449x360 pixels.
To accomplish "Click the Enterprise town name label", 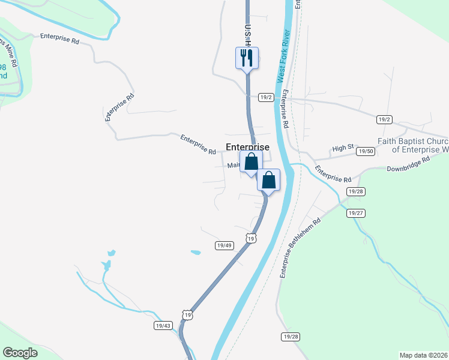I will pyautogui.click(x=247, y=146).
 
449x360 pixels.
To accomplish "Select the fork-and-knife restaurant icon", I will pyautogui.click(x=246, y=58).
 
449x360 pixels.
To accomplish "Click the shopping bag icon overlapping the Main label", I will pyautogui.click(x=251, y=161).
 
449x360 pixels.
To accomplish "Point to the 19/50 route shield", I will pyautogui.click(x=365, y=152).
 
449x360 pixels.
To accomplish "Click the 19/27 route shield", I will pyautogui.click(x=356, y=213).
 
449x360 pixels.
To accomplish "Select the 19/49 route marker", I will pyautogui.click(x=224, y=245).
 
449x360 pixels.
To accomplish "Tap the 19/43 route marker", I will pyautogui.click(x=163, y=325).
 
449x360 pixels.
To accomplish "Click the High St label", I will pyautogui.click(x=343, y=148).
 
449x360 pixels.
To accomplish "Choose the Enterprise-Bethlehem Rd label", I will pyautogui.click(x=300, y=247).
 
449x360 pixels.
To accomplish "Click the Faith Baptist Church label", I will pyautogui.click(x=413, y=145).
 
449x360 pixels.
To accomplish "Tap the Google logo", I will pyautogui.click(x=20, y=353).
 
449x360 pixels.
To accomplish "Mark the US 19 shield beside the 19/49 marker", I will pyautogui.click(x=251, y=238).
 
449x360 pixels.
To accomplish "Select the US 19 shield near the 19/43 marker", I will pyautogui.click(x=188, y=315).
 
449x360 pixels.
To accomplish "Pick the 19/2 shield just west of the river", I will pyautogui.click(x=266, y=97).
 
